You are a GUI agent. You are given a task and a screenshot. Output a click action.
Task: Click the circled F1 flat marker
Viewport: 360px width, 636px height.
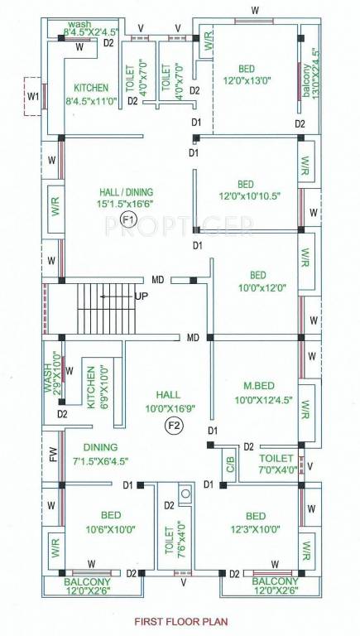[127, 219]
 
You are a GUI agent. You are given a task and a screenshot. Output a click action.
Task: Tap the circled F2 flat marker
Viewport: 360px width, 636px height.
[174, 426]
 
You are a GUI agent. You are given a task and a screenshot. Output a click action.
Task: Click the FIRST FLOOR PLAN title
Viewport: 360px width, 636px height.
[180, 619]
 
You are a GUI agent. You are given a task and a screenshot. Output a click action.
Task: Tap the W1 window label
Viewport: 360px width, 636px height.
[33, 97]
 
